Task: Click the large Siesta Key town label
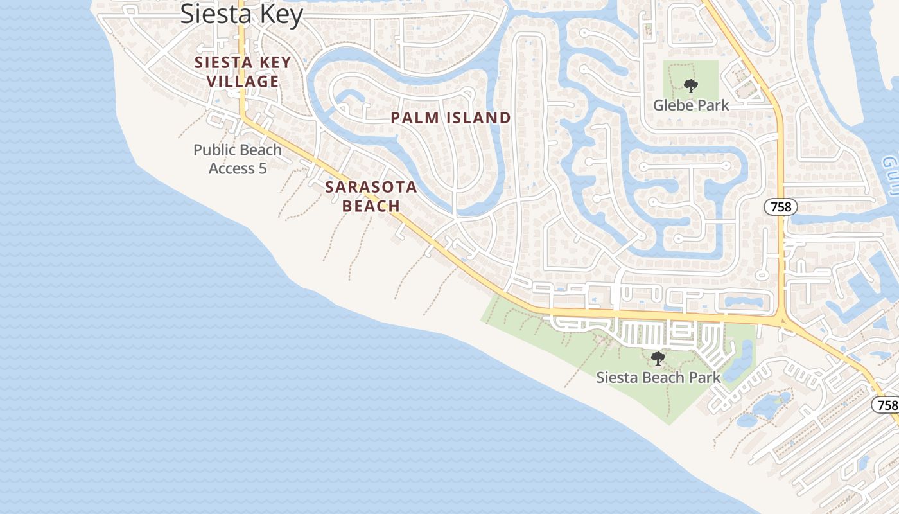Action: click(241, 13)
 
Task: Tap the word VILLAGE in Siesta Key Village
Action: click(243, 82)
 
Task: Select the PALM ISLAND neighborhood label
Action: click(450, 118)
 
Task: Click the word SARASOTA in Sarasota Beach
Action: click(371, 188)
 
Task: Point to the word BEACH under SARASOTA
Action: click(371, 206)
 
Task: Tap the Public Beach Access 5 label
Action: click(238, 159)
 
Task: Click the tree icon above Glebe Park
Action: click(690, 85)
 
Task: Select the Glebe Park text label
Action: click(691, 105)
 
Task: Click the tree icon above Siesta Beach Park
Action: click(658, 359)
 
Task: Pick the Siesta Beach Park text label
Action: click(658, 377)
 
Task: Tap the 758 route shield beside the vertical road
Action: click(780, 207)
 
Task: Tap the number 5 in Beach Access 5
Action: click(262, 168)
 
